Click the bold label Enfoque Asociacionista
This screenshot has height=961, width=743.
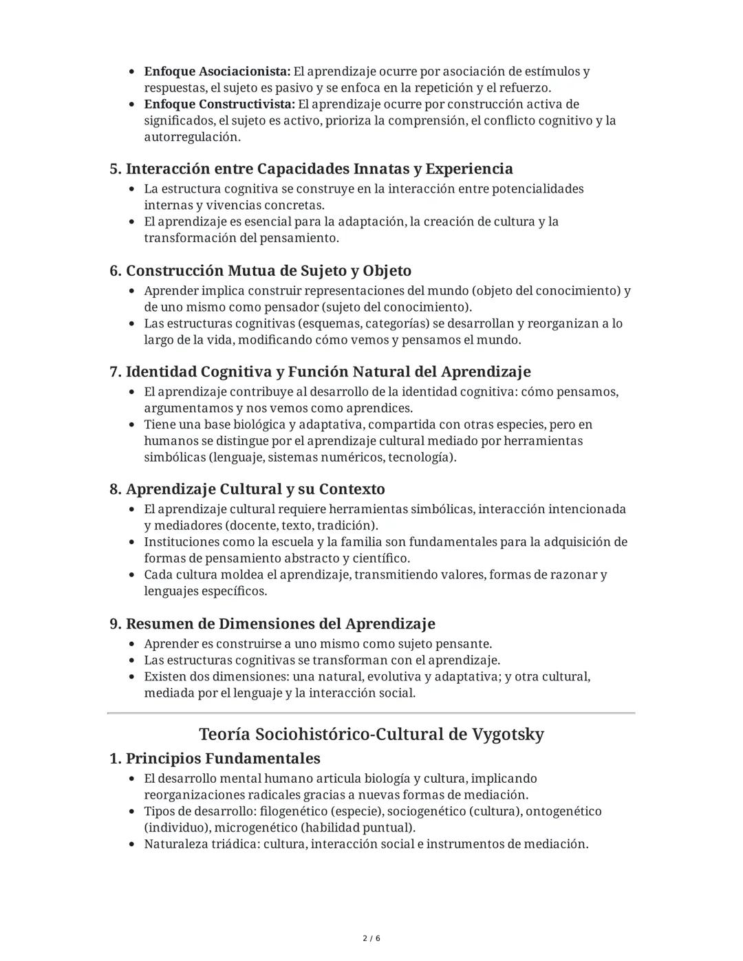pyautogui.click(x=217, y=72)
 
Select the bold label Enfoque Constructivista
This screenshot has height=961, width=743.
pyautogui.click(x=219, y=105)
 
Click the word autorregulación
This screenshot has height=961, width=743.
pyautogui.click(x=192, y=137)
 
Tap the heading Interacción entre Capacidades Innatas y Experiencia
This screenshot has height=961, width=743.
pyautogui.click(x=319, y=169)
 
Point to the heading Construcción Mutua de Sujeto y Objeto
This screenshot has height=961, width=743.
pyautogui.click(x=268, y=270)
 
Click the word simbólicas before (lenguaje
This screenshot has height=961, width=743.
pyautogui.click(x=174, y=457)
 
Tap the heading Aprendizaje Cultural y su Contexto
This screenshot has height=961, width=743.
pyautogui.click(x=255, y=490)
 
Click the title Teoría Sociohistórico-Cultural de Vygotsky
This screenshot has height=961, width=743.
pyautogui.click(x=371, y=734)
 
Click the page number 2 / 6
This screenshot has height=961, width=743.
pyautogui.click(x=371, y=938)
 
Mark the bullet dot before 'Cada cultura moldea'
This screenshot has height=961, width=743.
pyautogui.click(x=131, y=575)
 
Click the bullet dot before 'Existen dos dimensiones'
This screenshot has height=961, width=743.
pyautogui.click(x=131, y=677)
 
